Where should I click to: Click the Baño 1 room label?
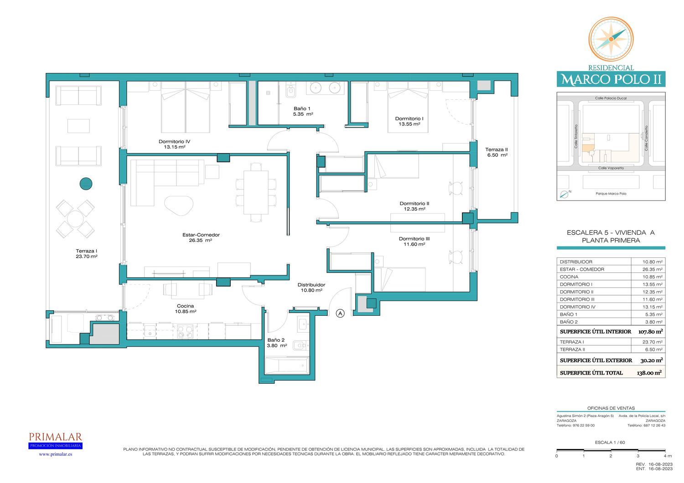tap(302, 108)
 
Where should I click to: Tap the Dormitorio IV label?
tap(174, 142)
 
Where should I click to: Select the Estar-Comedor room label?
tap(201, 235)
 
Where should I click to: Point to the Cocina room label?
tap(185, 306)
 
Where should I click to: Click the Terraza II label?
tap(497, 149)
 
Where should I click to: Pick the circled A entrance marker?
tap(340, 313)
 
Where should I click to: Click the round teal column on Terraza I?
tap(86, 184)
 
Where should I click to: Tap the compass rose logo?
tap(611, 39)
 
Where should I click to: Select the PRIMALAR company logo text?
tap(55, 437)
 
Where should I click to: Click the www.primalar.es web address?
tap(55, 454)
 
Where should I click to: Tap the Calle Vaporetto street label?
tap(611, 168)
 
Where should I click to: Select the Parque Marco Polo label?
tap(611, 194)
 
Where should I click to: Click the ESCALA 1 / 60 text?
tap(610, 442)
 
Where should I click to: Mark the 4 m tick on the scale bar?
tap(665, 450)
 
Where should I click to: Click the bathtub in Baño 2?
tap(286, 365)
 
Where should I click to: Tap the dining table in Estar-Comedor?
tap(256, 193)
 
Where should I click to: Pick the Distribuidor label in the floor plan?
tap(311, 285)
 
